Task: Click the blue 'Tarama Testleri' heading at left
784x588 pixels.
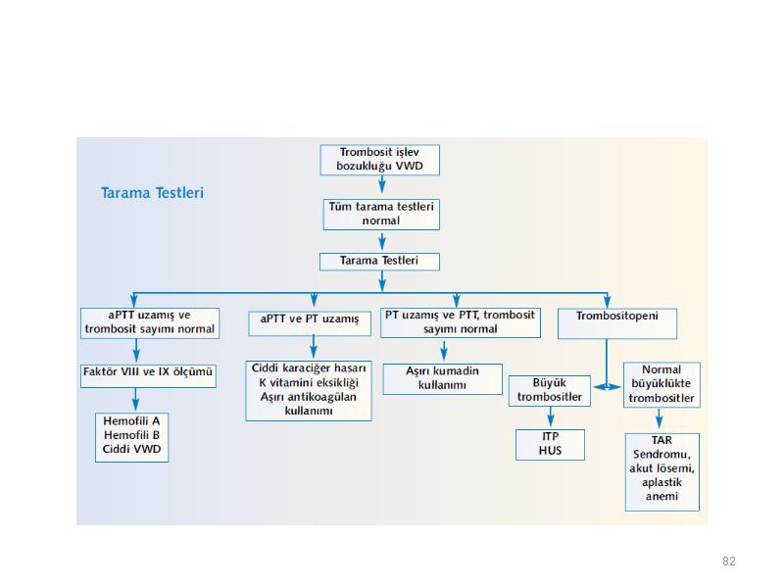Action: (152, 193)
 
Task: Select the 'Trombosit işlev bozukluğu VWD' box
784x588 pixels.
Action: (380, 160)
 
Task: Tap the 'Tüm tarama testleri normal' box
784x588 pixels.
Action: (381, 214)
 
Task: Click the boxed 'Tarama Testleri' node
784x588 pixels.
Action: (379, 262)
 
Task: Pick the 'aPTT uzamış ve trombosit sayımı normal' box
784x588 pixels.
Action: (150, 323)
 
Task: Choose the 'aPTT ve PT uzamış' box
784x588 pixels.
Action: (310, 323)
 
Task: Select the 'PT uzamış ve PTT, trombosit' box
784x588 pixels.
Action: (460, 322)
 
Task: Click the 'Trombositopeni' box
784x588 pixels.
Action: (617, 323)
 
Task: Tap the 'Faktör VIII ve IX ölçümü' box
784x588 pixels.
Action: (148, 376)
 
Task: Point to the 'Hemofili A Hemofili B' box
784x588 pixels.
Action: (131, 437)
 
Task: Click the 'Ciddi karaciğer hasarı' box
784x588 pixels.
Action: (309, 390)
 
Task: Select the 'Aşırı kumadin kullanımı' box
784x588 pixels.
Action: (443, 379)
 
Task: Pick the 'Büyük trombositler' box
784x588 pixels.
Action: (550, 390)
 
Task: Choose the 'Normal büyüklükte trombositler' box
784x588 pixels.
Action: (661, 384)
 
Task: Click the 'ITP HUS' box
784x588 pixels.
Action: (550, 445)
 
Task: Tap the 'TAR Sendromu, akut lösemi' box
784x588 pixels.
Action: (662, 472)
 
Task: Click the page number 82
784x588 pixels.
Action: (729, 561)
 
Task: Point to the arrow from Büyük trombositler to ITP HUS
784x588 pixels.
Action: (550, 416)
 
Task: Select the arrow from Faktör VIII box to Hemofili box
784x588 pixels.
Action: (135, 400)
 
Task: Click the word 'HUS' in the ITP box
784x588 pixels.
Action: (550, 451)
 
